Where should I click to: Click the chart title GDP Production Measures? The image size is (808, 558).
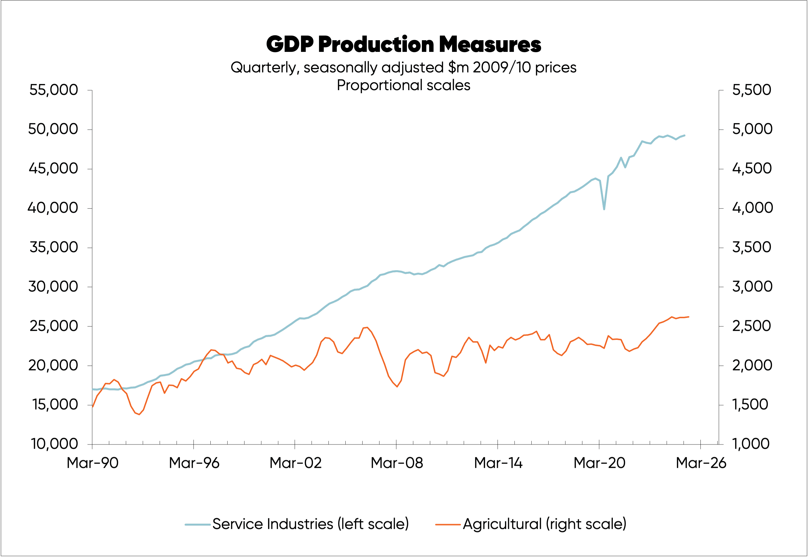[404, 44]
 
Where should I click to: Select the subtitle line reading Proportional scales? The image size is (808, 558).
[404, 85]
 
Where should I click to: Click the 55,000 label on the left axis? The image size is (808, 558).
[53, 90]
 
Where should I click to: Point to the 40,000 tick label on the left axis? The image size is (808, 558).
[53, 208]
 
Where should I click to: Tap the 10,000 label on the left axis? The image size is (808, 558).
[54, 444]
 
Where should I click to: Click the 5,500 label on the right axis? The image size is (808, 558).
[751, 90]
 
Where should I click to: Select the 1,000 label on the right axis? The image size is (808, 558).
[751, 444]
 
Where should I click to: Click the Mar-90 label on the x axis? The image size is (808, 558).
[93, 463]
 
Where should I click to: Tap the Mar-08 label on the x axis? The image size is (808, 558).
[397, 463]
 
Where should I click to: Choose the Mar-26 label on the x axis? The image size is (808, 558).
[701, 463]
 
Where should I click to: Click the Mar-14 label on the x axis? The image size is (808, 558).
[498, 463]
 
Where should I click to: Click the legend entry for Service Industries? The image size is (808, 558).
[310, 524]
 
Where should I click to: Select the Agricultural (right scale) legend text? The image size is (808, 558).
[544, 524]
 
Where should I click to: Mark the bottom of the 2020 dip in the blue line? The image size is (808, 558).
[604, 209]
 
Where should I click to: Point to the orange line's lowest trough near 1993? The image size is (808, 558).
[139, 414]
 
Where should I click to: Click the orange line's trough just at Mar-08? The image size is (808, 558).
[397, 386]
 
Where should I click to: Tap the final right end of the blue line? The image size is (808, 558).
[684, 135]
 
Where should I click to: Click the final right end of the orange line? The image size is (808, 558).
[689, 317]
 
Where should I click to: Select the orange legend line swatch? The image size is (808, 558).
[448, 524]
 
